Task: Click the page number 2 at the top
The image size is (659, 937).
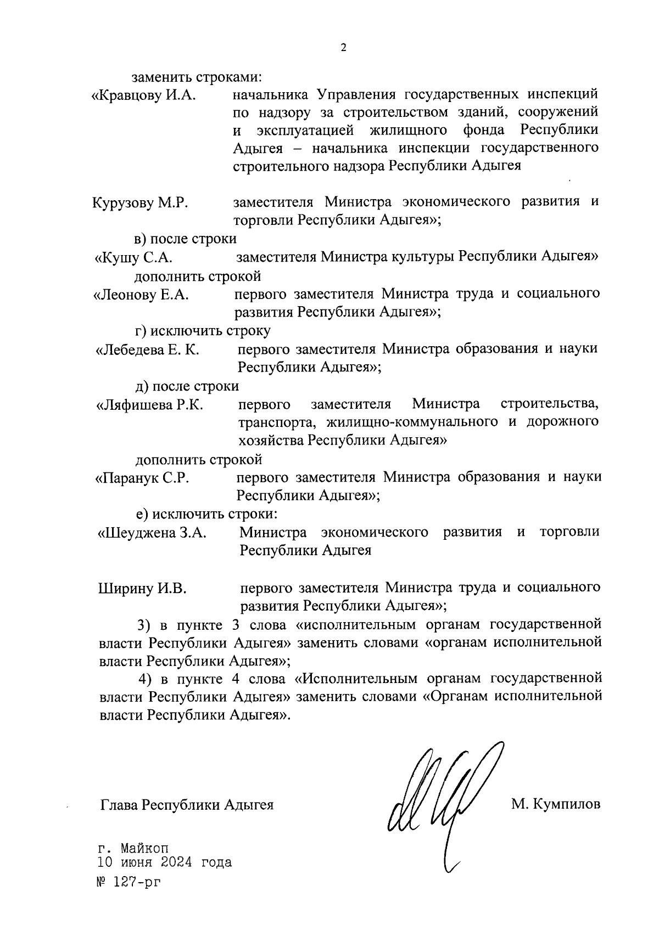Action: coord(344,48)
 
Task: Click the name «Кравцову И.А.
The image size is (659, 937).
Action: coord(143,95)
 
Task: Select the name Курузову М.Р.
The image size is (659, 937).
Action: coord(141,203)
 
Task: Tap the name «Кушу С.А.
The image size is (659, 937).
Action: coord(134,257)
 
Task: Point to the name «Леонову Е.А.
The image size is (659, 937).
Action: coord(142,295)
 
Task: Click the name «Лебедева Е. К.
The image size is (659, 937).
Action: coord(148,349)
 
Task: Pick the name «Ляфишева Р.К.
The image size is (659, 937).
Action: coord(150,405)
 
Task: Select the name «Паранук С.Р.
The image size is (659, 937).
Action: coord(143,478)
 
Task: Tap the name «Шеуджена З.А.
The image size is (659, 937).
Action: coord(152,533)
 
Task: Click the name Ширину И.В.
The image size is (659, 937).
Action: coord(142,589)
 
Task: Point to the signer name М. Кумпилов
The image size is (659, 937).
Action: coord(556,804)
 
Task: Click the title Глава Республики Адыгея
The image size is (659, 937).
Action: coord(187,805)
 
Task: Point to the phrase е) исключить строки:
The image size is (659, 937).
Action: coord(206,514)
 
